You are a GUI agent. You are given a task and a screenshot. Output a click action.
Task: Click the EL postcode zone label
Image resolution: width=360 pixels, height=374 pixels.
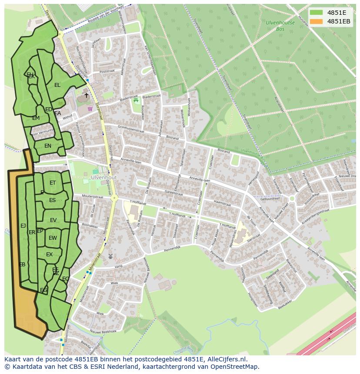[x=57, y=85]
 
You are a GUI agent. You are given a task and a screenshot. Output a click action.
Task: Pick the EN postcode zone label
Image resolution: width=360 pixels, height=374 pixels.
[x=48, y=146]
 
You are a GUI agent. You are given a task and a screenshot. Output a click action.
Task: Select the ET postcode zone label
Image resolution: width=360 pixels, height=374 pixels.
[x=53, y=183]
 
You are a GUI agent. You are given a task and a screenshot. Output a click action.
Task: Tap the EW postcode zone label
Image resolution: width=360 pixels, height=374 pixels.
[x=53, y=238]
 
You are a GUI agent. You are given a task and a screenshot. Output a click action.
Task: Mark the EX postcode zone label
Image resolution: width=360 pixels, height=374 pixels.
[x=50, y=255]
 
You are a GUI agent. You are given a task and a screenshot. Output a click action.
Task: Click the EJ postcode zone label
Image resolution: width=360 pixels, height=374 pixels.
[x=23, y=225]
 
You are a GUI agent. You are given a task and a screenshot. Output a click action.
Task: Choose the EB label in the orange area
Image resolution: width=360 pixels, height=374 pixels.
[x=22, y=264]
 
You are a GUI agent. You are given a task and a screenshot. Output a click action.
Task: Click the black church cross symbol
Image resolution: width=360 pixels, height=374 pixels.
[x=86, y=95]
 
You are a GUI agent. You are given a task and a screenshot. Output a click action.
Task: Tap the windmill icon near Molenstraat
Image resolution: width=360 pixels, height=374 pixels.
[x=110, y=256]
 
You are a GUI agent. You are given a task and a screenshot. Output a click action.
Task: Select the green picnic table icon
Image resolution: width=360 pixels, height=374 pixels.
[x=136, y=100]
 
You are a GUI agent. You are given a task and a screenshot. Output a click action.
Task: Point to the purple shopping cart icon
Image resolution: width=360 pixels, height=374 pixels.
[x=90, y=109]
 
